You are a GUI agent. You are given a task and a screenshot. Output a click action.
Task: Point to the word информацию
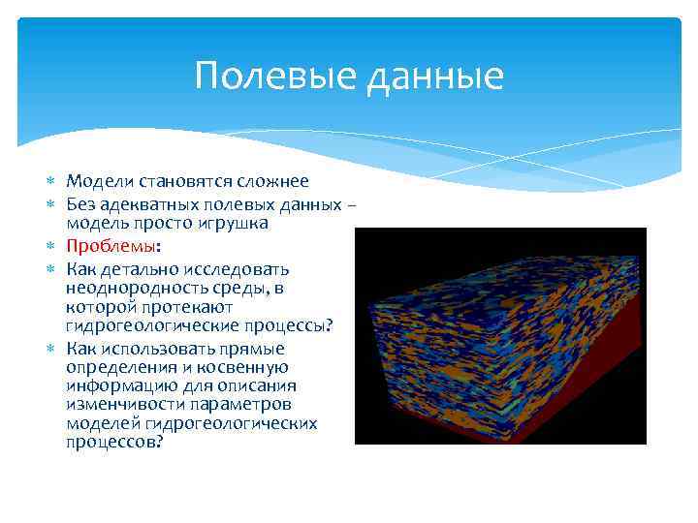coord(116,385)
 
